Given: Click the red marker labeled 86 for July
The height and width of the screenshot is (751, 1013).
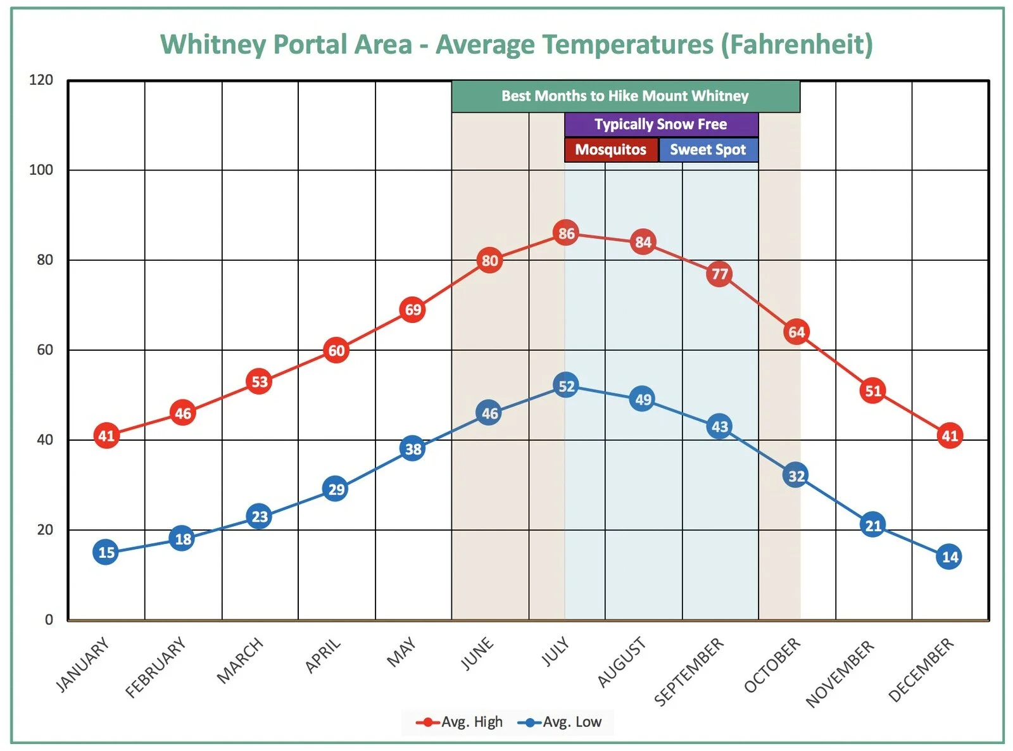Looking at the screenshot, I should (566, 234).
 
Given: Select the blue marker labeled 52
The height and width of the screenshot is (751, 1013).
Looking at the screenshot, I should (566, 386).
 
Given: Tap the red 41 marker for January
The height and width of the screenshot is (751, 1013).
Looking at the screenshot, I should (106, 436).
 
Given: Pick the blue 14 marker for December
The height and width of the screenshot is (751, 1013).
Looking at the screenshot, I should (949, 557).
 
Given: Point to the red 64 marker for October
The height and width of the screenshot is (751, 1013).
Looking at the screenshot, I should (796, 332).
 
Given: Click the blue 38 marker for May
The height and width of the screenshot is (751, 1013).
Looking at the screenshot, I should (413, 449).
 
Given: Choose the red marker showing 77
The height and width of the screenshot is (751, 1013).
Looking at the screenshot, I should (719, 274).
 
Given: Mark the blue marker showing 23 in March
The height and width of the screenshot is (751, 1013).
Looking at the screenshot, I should (259, 517).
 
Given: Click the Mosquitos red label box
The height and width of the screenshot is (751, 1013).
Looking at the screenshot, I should (611, 150).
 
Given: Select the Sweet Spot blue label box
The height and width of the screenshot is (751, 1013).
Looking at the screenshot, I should (708, 150).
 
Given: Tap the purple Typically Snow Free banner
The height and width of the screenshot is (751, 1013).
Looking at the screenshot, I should (661, 124).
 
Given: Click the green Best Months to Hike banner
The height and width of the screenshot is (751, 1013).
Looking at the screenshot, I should (625, 96).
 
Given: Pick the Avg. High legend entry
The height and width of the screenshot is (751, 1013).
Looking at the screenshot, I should (460, 722).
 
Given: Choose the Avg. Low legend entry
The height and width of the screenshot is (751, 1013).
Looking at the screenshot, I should (560, 722).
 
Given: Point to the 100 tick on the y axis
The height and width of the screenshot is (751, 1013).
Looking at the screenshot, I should (41, 170).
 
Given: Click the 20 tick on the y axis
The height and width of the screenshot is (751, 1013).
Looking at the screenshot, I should (45, 529).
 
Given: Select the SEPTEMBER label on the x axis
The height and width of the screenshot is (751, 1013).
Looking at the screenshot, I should (689, 672).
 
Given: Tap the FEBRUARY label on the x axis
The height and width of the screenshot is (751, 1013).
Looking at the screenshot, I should (156, 667).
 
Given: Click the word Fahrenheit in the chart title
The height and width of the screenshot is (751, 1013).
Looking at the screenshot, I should (796, 44).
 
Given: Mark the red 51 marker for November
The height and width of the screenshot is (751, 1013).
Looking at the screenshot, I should (872, 391).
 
